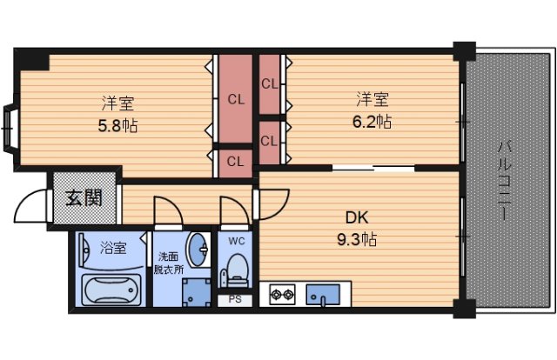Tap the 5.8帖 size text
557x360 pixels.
117,123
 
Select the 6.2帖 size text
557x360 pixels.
371,121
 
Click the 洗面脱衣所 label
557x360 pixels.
169,263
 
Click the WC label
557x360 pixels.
236,240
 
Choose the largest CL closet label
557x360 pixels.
235,99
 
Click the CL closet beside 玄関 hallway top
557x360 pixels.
235,161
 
